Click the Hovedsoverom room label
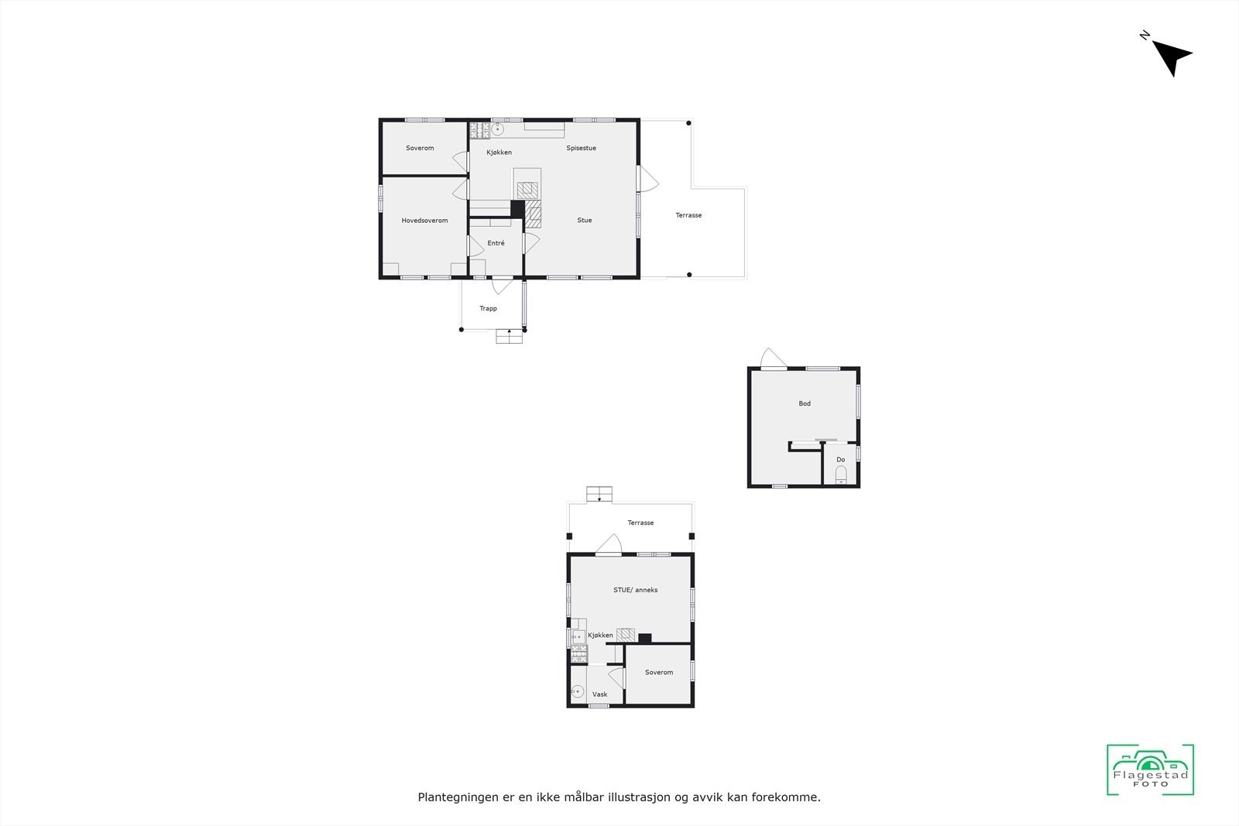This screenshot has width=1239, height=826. coord(424,221)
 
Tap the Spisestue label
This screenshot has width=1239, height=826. coord(581,148)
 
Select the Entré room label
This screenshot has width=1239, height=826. coord(496,243)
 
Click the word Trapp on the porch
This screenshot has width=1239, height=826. coord(488,308)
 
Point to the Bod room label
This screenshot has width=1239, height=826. coord(805,403)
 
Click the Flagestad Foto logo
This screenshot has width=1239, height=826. coord(1150,769)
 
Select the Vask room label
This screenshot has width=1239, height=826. coord(599,694)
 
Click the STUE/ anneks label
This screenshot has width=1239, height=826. coord(635,590)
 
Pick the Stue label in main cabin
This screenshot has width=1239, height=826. coord(584,220)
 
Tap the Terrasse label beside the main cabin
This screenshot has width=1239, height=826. coord(688,215)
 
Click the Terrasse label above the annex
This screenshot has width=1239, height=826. coord(640,523)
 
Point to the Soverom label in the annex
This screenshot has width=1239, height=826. coord(659,672)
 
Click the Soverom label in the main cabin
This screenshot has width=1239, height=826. coord(420,148)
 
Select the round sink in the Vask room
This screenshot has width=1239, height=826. coord(576,692)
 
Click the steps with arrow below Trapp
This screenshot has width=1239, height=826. coord(509,336)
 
